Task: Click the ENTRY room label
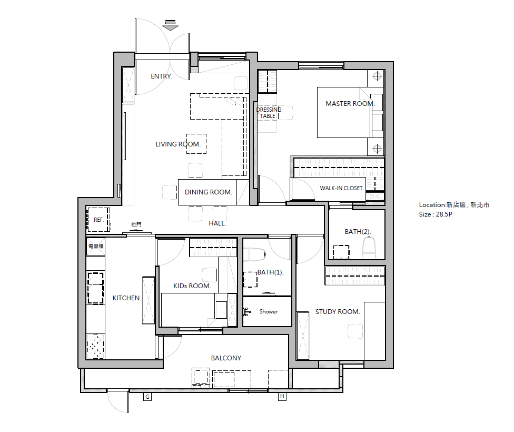tap(161, 76)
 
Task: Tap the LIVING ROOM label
tap(178, 144)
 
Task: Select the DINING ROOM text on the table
tap(208, 192)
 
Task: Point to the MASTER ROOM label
tap(350, 104)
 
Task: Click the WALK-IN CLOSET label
tap(342, 188)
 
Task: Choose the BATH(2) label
tap(358, 232)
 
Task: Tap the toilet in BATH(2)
tap(369, 248)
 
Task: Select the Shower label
tap(269, 311)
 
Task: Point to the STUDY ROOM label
tap(338, 311)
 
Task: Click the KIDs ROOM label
tap(192, 286)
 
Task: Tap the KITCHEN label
tap(126, 298)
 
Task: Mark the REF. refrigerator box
tap(98, 220)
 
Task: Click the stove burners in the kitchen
tap(95, 346)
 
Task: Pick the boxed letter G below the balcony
tap(147, 397)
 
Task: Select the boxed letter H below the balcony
tap(282, 397)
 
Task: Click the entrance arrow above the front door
tap(171, 26)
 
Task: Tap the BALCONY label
tap(227, 358)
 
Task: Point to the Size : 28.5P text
tap(436, 214)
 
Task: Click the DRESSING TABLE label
tap(269, 113)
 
